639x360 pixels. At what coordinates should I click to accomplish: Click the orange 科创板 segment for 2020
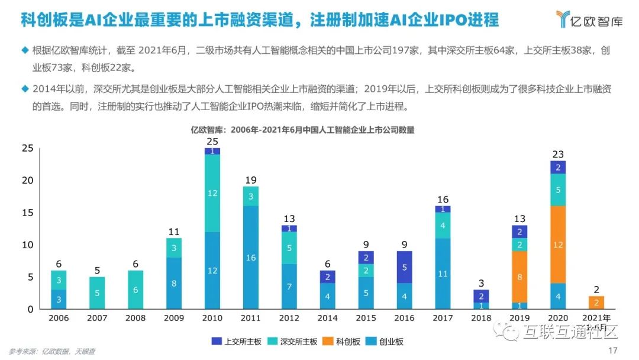pyautogui.click(x=558, y=244)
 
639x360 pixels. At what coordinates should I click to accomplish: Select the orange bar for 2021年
pyautogui.click(x=596, y=302)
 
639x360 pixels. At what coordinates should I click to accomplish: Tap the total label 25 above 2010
pyautogui.click(x=212, y=142)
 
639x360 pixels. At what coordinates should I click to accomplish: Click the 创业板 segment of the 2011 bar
pyautogui.click(x=251, y=258)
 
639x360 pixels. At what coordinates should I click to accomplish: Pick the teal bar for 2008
pyautogui.click(x=136, y=290)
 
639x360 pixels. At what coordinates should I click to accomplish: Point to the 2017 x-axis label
pyautogui.click(x=443, y=318)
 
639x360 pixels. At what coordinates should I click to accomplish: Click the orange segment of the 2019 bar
pyautogui.click(x=519, y=277)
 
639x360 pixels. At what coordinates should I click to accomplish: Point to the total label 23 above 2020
pyautogui.click(x=558, y=154)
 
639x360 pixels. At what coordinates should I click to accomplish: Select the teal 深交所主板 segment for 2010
pyautogui.click(x=212, y=193)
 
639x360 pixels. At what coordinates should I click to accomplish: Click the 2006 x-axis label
pyautogui.click(x=59, y=318)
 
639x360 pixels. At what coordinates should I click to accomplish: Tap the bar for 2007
pyautogui.click(x=98, y=292)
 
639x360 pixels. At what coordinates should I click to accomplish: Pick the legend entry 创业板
pyautogui.click(x=388, y=342)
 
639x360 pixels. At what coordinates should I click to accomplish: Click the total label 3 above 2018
pyautogui.click(x=481, y=283)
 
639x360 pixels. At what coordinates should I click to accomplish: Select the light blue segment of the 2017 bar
pyautogui.click(x=443, y=274)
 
